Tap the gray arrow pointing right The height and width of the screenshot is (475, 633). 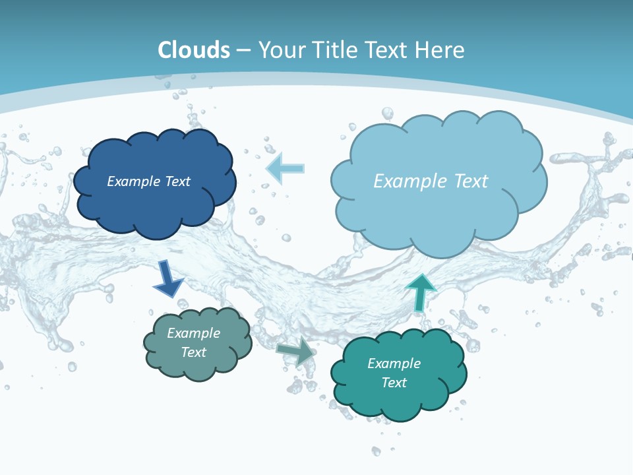point(296,351)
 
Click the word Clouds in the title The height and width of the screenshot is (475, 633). point(194,50)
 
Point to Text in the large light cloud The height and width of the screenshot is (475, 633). point(466,181)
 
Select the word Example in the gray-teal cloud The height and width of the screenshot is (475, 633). point(193,333)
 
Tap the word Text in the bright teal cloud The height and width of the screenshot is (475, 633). point(394,383)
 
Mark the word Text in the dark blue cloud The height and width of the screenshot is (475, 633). point(177,181)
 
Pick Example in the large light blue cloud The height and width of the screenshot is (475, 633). point(407,181)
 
